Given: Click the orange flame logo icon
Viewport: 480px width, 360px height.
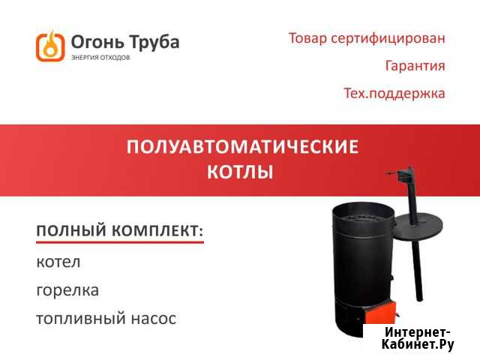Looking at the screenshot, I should (50, 45).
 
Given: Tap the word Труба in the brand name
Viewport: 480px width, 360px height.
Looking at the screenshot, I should (153, 41).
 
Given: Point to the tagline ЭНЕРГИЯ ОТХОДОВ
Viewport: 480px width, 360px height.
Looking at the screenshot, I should (100, 58).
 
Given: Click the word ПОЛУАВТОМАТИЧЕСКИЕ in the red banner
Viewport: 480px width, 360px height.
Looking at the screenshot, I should (241, 147).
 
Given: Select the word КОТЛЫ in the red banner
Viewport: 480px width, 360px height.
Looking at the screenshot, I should (240, 172).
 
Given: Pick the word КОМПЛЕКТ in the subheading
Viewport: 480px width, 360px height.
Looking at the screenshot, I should (157, 230).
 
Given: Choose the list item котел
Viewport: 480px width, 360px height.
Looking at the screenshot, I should (58, 262).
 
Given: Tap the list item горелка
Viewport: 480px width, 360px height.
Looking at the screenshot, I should (67, 290).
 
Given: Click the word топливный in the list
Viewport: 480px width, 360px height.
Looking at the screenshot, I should (80, 319).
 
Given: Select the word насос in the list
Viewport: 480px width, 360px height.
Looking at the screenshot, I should (154, 319).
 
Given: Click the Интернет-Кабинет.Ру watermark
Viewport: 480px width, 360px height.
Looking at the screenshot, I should (418, 338).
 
